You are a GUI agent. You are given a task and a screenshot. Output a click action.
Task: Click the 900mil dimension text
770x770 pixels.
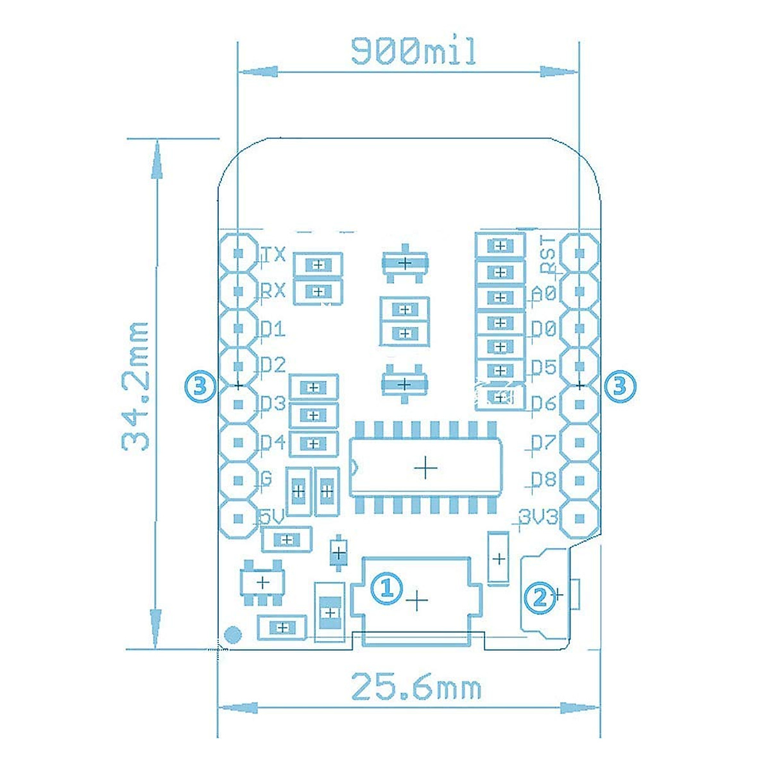(414, 51)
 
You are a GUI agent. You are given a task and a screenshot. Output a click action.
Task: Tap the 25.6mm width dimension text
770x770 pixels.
(416, 688)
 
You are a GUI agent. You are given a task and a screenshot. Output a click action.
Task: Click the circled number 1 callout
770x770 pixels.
(387, 586)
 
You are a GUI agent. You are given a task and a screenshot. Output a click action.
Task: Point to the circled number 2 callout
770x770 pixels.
(538, 597)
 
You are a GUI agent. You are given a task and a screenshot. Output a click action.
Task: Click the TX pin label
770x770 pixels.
(273, 255)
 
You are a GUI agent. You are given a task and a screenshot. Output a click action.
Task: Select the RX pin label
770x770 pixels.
(273, 291)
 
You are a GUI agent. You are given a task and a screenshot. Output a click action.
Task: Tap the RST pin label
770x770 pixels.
(548, 255)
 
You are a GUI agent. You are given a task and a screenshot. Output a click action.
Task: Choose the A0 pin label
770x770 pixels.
(544, 294)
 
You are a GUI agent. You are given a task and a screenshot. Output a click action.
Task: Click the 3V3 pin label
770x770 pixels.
(538, 517)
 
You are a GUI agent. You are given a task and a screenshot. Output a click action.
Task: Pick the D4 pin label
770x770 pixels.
(273, 442)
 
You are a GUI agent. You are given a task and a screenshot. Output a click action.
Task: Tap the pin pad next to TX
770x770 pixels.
(239, 253)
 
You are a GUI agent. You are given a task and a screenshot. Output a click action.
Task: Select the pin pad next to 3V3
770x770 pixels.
(579, 518)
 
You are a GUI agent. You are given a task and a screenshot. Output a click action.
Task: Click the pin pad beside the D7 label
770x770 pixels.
(579, 442)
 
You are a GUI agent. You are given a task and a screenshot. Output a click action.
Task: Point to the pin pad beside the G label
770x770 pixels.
(239, 480)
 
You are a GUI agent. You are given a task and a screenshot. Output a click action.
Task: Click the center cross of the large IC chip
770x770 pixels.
(425, 468)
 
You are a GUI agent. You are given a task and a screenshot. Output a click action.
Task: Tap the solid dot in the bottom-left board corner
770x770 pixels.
(232, 635)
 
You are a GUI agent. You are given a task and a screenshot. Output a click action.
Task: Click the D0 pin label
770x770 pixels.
(543, 329)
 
